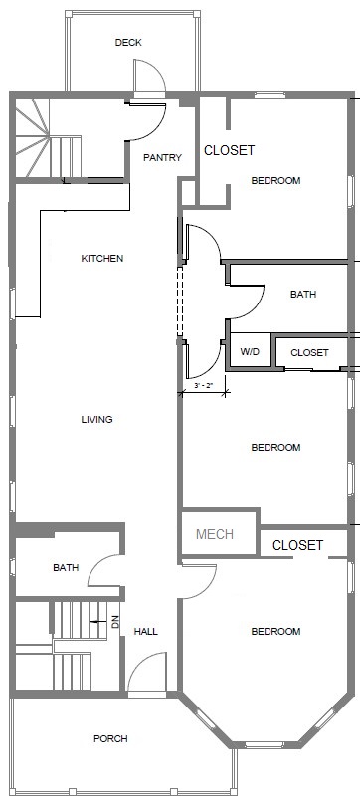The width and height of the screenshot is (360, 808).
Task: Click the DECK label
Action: click(x=127, y=42)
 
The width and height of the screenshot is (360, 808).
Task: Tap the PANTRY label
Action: click(x=161, y=157)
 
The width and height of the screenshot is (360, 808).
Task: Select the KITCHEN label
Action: click(x=102, y=259)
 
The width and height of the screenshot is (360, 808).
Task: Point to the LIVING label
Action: click(x=96, y=419)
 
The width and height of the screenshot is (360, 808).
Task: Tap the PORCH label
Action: click(x=110, y=738)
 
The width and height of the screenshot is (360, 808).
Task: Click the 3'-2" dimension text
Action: click(x=204, y=384)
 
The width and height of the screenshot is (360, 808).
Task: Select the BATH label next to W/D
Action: click(x=303, y=295)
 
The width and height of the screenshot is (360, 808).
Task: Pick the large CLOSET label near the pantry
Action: click(x=229, y=151)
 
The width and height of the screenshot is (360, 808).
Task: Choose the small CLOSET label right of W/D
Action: click(x=309, y=353)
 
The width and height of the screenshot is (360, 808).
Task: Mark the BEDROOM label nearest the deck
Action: click(x=275, y=181)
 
